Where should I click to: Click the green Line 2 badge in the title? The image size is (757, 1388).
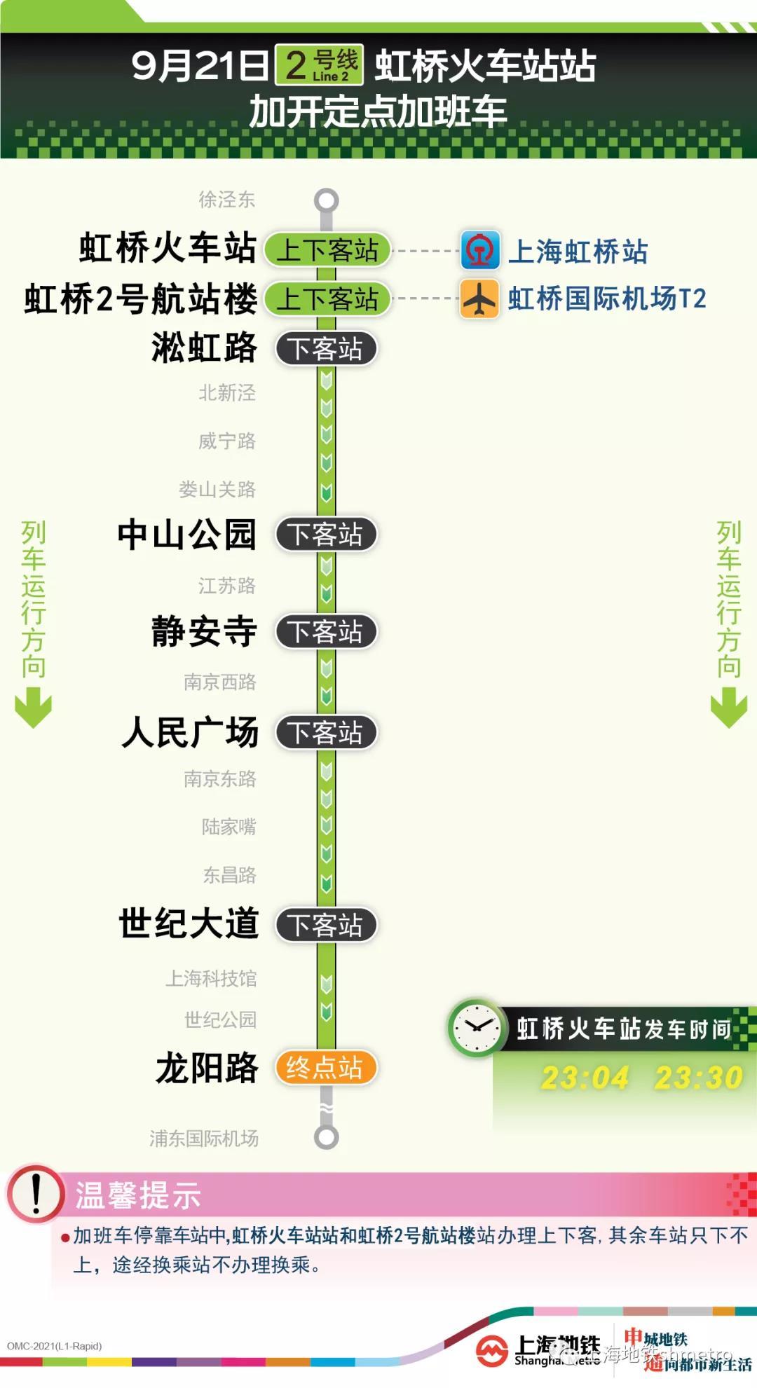[319, 65]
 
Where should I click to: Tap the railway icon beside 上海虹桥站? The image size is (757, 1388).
[480, 250]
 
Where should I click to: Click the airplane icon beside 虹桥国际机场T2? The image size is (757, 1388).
[479, 298]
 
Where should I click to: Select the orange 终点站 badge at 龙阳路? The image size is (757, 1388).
[326, 1068]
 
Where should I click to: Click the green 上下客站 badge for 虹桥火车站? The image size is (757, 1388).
[327, 249]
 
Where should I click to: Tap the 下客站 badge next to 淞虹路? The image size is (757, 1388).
[326, 348]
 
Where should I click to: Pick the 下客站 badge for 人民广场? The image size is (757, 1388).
[326, 733]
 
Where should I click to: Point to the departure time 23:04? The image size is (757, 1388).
[585, 1078]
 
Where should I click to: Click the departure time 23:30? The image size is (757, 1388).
[698, 1078]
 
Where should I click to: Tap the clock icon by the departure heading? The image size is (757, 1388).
[477, 1028]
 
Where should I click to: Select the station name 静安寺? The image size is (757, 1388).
[204, 631]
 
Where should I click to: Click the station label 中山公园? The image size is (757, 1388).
[186, 534]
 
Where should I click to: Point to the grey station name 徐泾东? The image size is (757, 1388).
[226, 200]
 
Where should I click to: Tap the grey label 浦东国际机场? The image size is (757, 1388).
[204, 1139]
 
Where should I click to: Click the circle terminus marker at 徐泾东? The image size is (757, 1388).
[326, 201]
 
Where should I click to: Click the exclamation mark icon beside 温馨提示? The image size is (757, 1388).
[35, 1194]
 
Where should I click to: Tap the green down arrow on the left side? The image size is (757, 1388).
[34, 707]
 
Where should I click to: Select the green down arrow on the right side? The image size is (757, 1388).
[729, 707]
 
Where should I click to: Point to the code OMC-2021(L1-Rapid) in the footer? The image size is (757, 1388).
[55, 1346]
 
